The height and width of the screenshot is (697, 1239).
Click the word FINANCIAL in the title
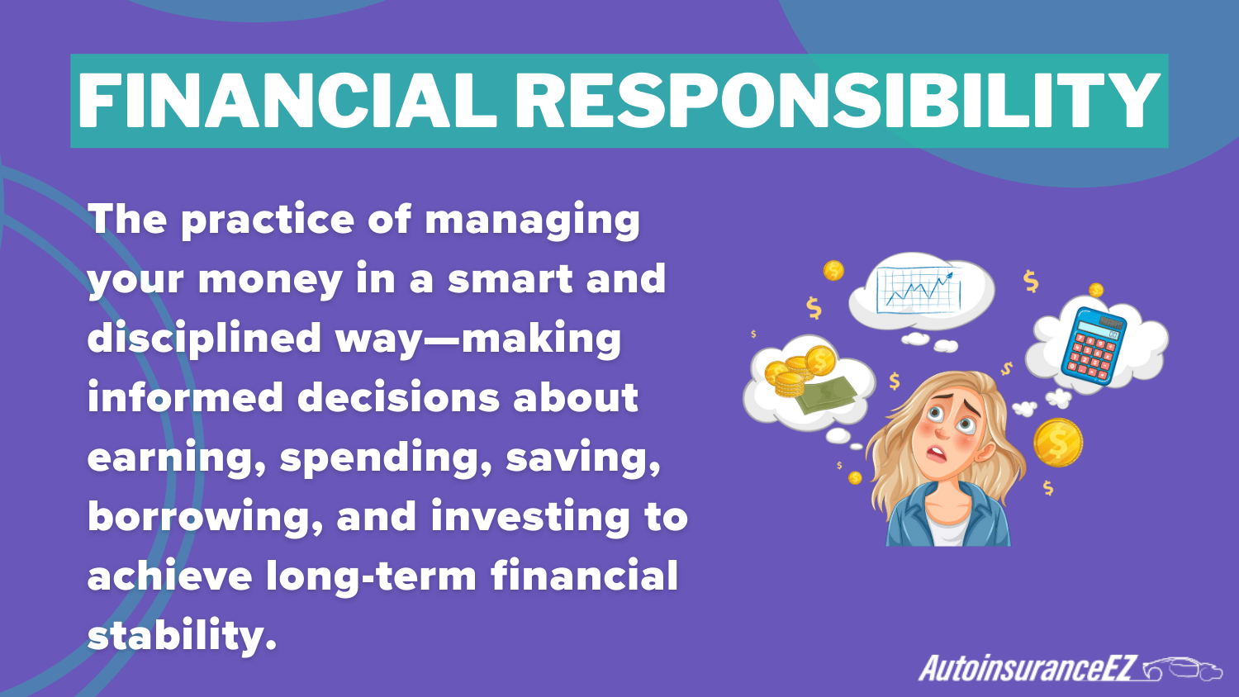(286, 101)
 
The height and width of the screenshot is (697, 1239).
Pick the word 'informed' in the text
(183, 398)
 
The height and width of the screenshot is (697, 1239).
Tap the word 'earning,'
(176, 458)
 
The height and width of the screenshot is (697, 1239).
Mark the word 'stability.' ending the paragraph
(181, 636)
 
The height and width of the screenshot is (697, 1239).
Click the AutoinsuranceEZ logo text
(1028, 668)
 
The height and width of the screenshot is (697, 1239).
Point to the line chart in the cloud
(919, 289)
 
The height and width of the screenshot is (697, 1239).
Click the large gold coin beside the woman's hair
(1057, 442)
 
